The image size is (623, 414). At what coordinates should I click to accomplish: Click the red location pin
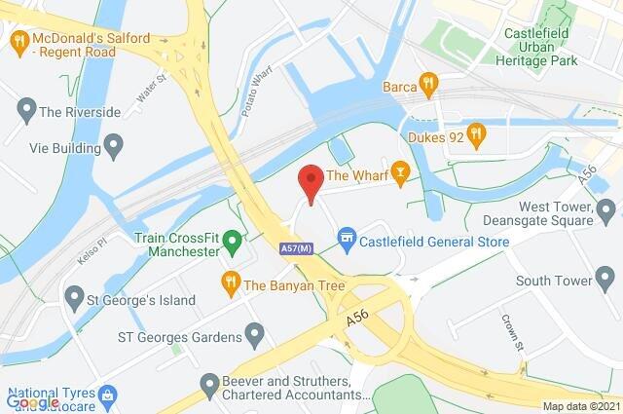tap(310, 183)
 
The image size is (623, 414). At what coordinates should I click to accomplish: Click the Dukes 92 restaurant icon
tap(475, 134)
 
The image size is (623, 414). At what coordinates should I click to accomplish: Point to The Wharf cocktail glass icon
tap(399, 175)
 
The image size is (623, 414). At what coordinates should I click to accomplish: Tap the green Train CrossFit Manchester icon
tap(232, 240)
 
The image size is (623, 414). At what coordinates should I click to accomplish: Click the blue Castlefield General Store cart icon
tap(346, 237)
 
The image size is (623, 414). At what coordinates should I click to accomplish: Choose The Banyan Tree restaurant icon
tap(231, 284)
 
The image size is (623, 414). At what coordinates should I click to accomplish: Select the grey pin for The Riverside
tap(25, 110)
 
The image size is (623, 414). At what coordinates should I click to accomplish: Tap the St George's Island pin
tap(74, 296)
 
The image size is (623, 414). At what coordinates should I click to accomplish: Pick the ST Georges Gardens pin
tap(255, 337)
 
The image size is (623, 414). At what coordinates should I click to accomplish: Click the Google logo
tap(32, 400)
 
